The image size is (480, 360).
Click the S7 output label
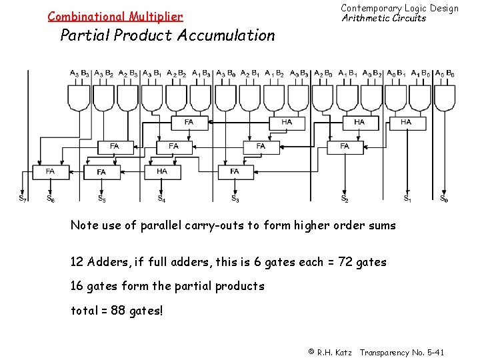[23, 198]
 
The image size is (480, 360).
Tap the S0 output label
[444, 198]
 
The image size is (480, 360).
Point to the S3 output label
[235, 198]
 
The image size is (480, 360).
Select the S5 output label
[101, 198]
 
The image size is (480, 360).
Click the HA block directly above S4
[162, 171]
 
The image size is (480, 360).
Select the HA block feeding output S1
[406, 122]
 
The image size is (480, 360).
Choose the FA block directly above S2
[345, 146]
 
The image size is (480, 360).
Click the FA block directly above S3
[235, 171]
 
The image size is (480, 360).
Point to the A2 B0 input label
[323, 73]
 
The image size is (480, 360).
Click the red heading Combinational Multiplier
[115, 16]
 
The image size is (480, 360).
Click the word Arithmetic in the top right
[365, 18]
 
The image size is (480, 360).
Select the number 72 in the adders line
[344, 262]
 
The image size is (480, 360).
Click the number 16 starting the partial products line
[77, 286]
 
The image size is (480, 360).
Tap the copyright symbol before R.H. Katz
[311, 352]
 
